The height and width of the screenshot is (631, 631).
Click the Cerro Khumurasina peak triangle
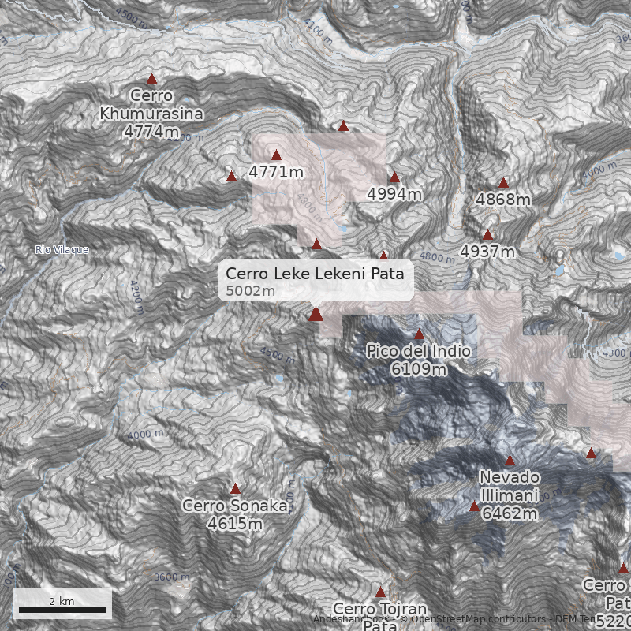(x=152, y=78)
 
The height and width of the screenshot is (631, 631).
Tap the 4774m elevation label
(x=151, y=131)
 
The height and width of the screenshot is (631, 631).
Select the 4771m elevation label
(x=276, y=171)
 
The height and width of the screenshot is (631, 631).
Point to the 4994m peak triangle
(x=394, y=177)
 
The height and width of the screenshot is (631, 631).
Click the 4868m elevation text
(x=503, y=200)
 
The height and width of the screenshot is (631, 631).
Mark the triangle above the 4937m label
(x=487, y=234)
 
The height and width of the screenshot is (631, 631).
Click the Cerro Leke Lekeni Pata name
(x=315, y=274)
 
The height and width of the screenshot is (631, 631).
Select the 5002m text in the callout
(x=250, y=292)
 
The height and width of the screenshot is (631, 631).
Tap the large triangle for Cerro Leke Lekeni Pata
(x=316, y=315)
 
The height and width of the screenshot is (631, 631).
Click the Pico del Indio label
(x=419, y=351)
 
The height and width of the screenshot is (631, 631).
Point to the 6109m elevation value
(x=419, y=368)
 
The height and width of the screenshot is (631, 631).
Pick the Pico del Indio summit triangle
(x=419, y=334)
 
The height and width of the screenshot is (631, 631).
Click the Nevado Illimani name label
(x=509, y=487)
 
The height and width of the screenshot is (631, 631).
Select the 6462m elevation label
(x=510, y=514)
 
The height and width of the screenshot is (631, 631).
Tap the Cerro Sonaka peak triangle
(x=235, y=489)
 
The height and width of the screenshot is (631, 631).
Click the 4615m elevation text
(x=234, y=523)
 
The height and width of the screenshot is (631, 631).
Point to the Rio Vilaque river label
(x=62, y=250)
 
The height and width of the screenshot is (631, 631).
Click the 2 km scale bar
(x=62, y=610)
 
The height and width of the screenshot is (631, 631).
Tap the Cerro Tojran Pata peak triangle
(x=380, y=592)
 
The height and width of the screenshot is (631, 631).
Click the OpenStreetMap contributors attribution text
(x=473, y=619)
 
